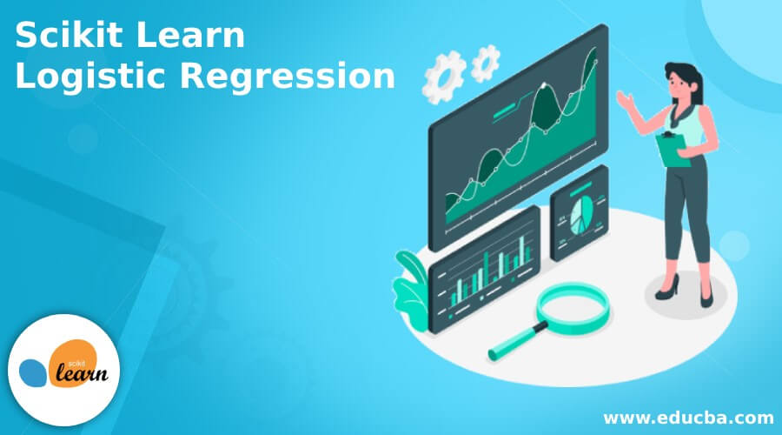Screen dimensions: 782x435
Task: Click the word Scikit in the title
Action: click(x=69, y=35)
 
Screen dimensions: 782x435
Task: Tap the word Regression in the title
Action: click(x=288, y=77)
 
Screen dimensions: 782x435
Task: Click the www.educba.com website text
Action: click(x=688, y=417)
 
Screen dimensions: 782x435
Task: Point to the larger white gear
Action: click(x=443, y=77)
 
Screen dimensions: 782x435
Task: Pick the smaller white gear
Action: click(x=485, y=63)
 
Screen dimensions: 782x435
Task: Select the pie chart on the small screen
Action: click(x=581, y=215)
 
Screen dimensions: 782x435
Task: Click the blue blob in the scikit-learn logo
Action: click(x=33, y=372)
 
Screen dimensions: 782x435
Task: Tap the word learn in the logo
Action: click(x=82, y=373)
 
